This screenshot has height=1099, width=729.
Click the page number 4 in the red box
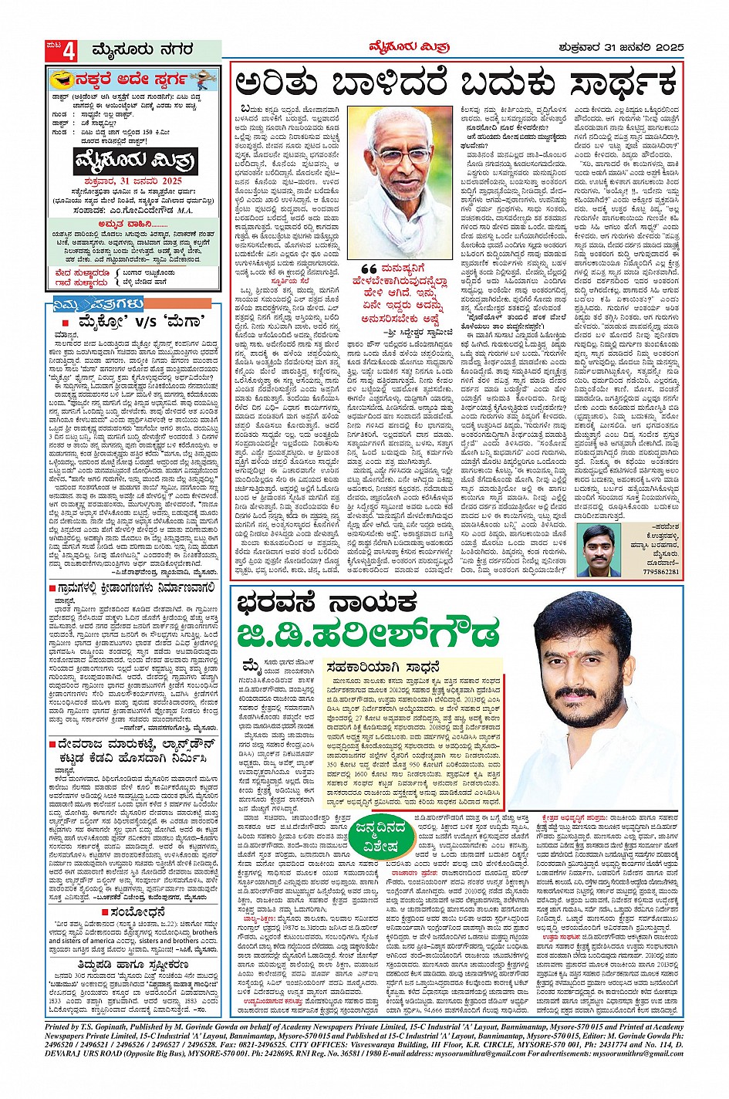point(69,51)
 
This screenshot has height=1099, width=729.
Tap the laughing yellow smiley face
point(58,79)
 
